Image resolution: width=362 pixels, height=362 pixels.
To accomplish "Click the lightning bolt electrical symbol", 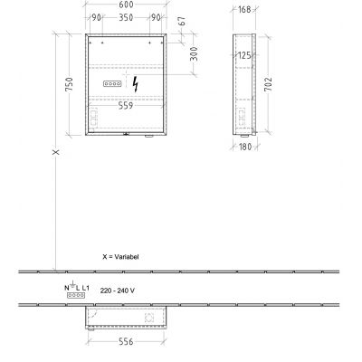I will [x=135, y=83].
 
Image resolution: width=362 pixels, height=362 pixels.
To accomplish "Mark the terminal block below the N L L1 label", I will [x=76, y=296].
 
